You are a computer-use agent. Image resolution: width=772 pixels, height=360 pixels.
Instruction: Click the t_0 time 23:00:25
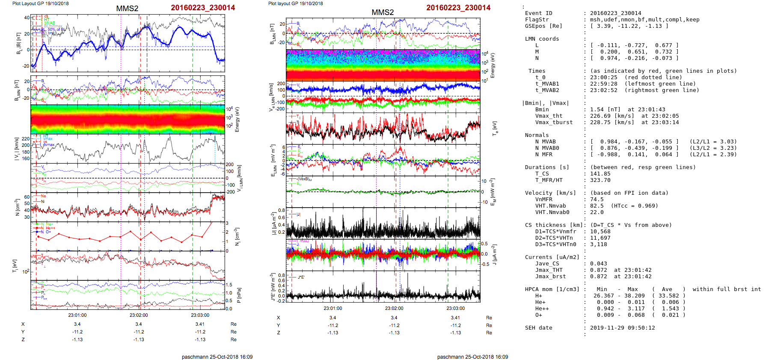point(603,77)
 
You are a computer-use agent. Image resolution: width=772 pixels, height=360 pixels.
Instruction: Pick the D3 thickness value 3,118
point(600,244)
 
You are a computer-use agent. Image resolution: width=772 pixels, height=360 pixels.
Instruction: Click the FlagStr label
point(537,20)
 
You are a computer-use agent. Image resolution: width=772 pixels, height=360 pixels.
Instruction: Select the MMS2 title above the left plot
point(127,9)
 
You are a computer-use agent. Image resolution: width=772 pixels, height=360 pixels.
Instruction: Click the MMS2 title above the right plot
point(383,12)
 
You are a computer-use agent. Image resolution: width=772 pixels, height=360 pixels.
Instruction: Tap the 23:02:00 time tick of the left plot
point(139,315)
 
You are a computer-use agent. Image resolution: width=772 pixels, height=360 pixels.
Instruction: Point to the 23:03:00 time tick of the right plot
point(455,308)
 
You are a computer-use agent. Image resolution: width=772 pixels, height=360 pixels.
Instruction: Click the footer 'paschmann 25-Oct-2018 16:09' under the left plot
point(217,357)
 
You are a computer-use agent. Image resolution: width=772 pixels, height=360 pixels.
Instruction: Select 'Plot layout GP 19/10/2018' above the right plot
point(295,3)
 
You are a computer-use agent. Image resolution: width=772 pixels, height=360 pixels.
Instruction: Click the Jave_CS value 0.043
point(598,264)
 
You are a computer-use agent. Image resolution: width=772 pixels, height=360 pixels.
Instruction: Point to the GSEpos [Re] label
point(543,26)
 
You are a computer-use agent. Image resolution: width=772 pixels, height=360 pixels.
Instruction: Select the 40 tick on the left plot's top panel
point(27,18)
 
